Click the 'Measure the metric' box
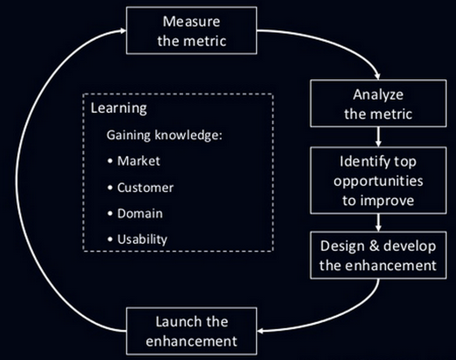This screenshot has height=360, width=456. [192, 30]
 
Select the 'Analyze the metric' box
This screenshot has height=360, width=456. [378, 104]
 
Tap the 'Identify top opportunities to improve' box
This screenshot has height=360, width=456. [378, 181]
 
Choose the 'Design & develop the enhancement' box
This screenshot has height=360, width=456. [378, 255]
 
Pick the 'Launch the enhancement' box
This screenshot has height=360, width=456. [192, 331]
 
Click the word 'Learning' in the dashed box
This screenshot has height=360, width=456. [119, 108]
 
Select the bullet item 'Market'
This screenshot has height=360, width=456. [138, 161]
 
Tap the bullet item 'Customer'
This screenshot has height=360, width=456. [145, 188]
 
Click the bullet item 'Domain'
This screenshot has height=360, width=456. [140, 214]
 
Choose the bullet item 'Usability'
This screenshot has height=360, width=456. [142, 239]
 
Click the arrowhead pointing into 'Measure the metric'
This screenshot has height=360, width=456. [123, 30]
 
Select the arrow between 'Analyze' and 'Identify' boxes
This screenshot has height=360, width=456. [378, 137]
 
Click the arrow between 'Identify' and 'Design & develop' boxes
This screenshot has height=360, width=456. [378, 223]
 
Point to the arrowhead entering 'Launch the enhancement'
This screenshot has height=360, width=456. [261, 330]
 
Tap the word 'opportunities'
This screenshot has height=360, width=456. [378, 181]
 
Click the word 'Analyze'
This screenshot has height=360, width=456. [378, 95]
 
